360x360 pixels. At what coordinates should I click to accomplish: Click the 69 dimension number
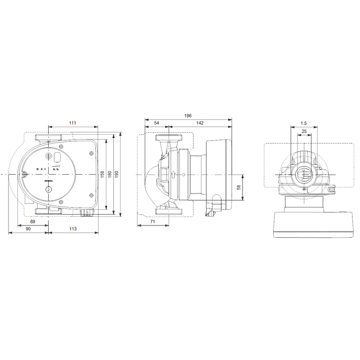click(32, 222)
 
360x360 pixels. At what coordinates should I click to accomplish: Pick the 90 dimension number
click(28, 229)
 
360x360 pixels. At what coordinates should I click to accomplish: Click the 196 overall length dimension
click(188, 116)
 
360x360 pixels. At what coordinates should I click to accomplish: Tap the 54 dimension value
click(156, 123)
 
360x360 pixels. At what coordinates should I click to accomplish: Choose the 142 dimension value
click(200, 123)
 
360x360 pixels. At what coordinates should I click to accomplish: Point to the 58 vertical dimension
click(239, 187)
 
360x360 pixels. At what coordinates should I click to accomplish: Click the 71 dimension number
click(153, 222)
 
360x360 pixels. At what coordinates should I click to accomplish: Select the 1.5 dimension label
click(304, 123)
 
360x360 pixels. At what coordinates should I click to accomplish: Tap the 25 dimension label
click(304, 131)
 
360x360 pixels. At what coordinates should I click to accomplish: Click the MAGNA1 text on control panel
click(49, 181)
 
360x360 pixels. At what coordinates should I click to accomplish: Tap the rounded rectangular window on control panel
click(58, 157)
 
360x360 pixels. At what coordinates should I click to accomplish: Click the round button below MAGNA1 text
click(49, 189)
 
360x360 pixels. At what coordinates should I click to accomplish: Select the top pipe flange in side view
click(168, 138)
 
